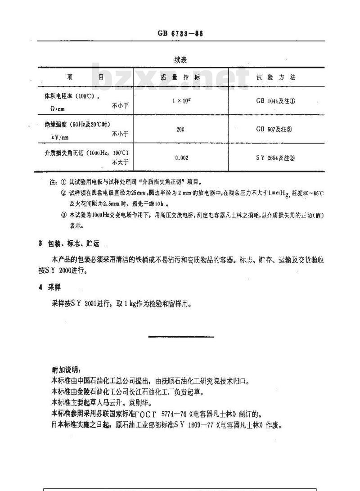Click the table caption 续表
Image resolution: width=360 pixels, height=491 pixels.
(x=181, y=59)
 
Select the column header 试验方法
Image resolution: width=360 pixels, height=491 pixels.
(x=276, y=77)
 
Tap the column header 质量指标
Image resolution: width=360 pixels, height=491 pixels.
(x=180, y=77)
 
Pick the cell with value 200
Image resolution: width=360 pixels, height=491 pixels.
(x=180, y=129)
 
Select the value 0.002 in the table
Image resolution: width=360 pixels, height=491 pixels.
(x=181, y=158)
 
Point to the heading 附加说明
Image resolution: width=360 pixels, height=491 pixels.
(x=66, y=369)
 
